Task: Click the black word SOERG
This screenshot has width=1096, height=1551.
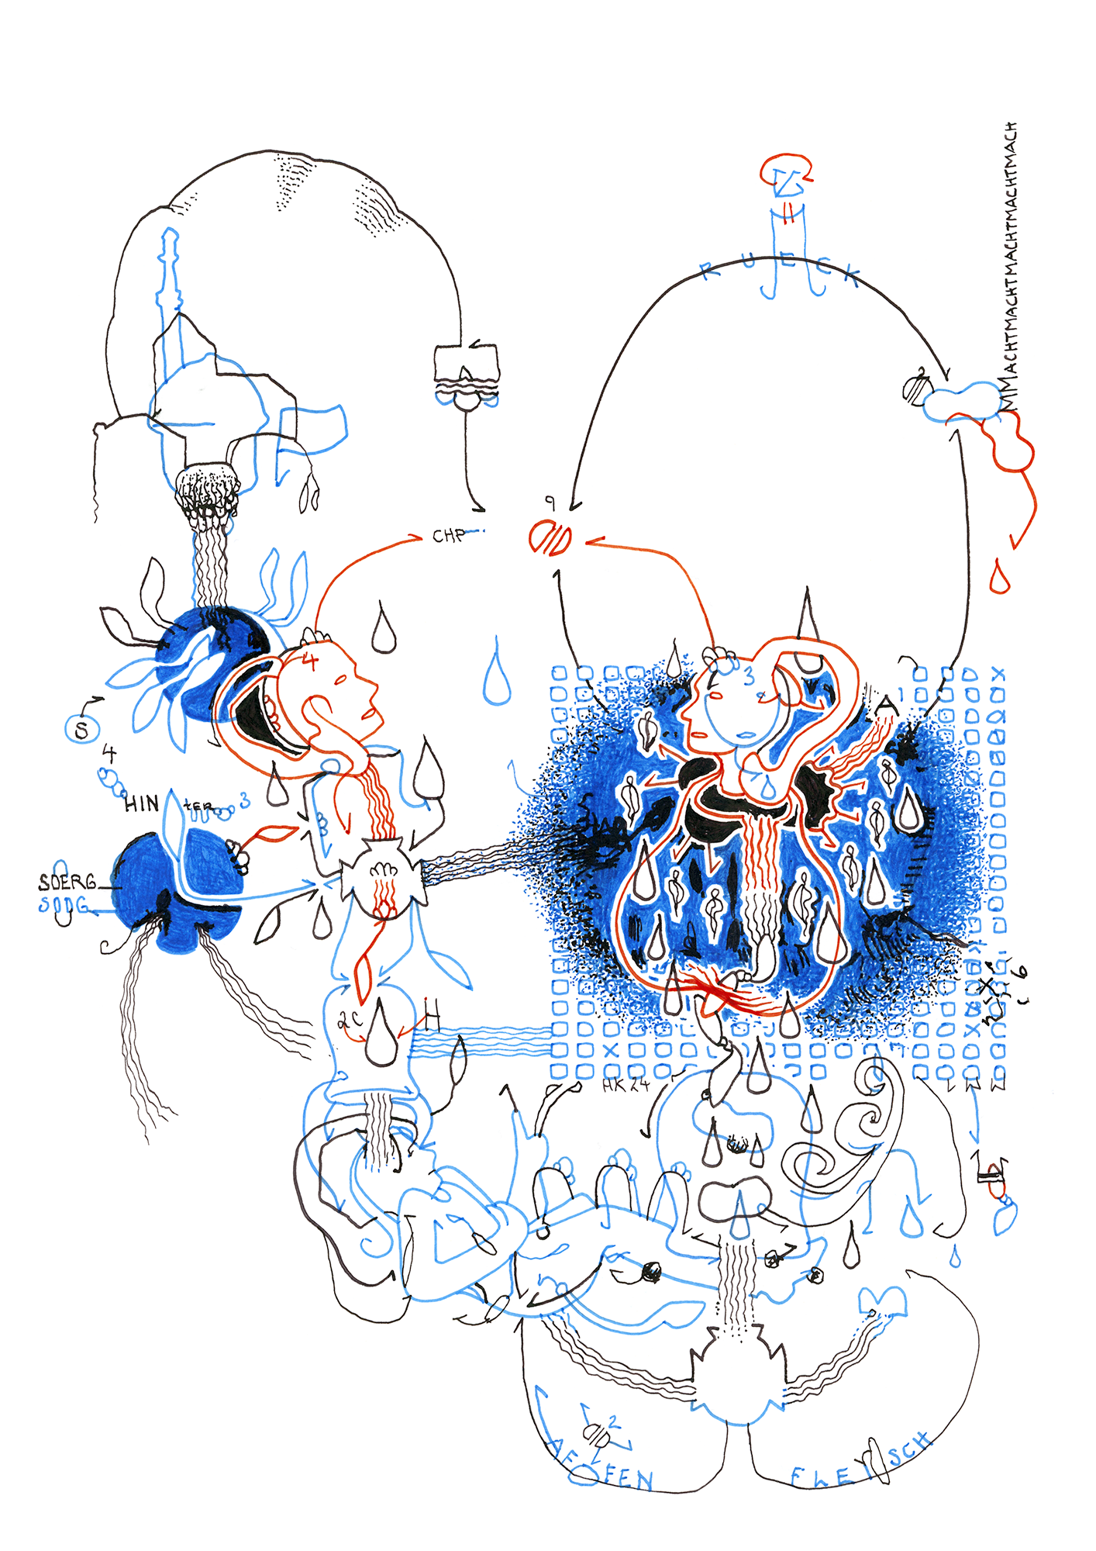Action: [x=67, y=882]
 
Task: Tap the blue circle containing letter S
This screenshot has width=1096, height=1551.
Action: [x=81, y=729]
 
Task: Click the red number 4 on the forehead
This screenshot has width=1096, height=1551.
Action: [x=310, y=662]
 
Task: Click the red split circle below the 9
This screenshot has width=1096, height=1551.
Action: [x=550, y=538]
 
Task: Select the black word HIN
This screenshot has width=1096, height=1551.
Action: [x=142, y=804]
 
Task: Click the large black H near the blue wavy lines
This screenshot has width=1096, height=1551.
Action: [x=432, y=1014]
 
